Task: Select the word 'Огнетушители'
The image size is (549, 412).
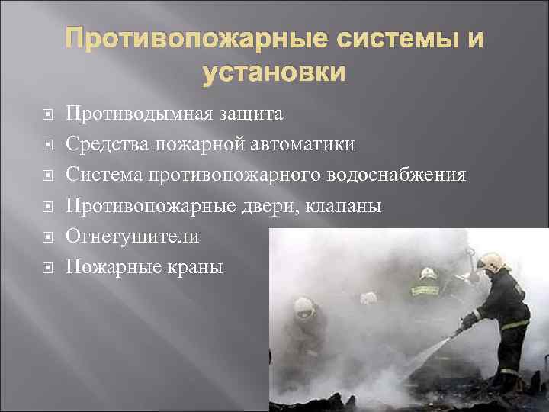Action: pyautogui.click(x=133, y=237)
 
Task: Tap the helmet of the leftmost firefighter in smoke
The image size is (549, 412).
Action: pyautogui.click(x=303, y=307)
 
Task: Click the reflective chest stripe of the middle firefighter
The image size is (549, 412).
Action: pyautogui.click(x=424, y=289)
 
